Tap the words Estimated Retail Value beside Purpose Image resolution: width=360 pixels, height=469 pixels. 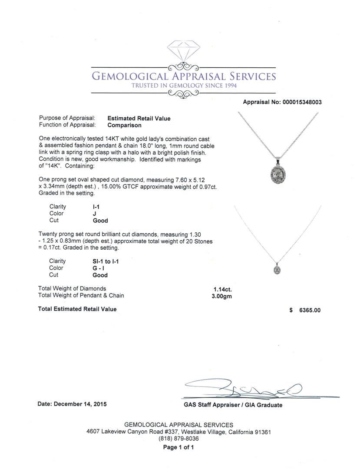pos(139,118)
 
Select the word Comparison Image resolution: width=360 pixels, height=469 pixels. pos(124,125)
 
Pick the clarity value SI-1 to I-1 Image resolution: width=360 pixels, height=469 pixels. pos(103,261)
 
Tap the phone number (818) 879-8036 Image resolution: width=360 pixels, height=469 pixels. pos(179,439)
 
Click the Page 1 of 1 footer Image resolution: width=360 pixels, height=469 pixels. pos(179,447)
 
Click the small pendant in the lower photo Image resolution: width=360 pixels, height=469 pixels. pos(277,269)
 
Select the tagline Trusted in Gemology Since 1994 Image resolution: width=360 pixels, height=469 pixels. pos(184,86)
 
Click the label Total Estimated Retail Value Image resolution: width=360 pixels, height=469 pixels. pos(77,309)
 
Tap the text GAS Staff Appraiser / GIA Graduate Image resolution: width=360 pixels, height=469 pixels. pos(233,405)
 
